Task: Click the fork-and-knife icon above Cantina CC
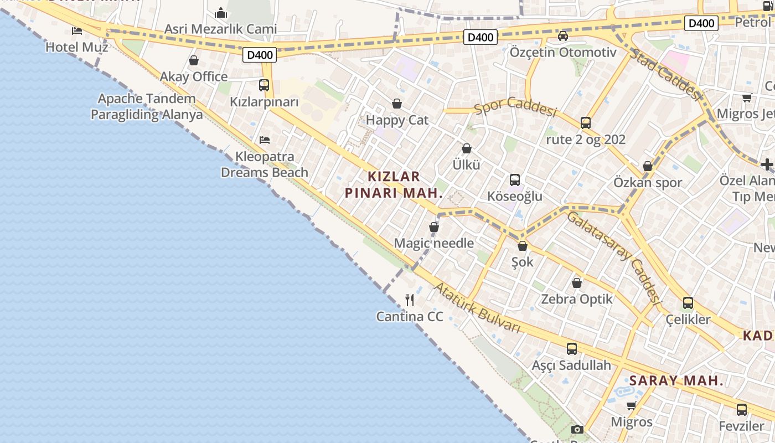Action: point(410,300)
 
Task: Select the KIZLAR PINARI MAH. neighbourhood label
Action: point(394,184)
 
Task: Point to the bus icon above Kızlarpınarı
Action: point(264,85)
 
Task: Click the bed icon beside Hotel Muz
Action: point(77,30)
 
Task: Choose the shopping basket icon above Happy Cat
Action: point(397,104)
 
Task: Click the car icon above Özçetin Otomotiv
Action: point(563,36)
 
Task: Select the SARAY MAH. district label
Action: point(676,380)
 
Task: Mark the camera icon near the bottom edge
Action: point(577,429)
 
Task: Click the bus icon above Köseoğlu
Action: point(515,180)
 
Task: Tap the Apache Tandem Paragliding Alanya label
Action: point(147,107)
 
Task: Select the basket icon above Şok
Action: point(523,246)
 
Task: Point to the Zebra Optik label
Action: point(577,299)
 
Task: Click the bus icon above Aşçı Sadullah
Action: point(572,349)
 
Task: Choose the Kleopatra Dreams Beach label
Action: point(265,164)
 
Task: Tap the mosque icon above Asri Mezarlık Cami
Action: point(221,12)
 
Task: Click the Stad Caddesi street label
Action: point(666,74)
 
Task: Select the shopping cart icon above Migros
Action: point(631,406)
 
